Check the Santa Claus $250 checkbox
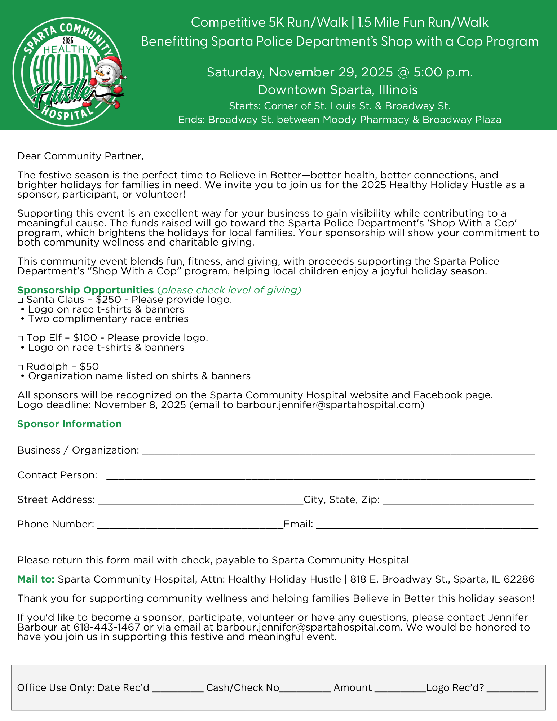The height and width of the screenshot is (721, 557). pyautogui.click(x=20, y=300)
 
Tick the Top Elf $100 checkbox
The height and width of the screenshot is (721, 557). pyautogui.click(x=20, y=339)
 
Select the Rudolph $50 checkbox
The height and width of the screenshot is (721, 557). pyautogui.click(x=20, y=367)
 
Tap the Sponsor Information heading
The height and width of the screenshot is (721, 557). pyautogui.click(x=69, y=424)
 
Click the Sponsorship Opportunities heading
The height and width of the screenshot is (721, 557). pyautogui.click(x=85, y=290)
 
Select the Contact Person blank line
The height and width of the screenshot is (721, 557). pyautogui.click(x=321, y=476)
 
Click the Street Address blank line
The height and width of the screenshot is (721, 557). pyautogui.click(x=200, y=501)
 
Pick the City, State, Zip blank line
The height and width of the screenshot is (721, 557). pyautogui.click(x=458, y=501)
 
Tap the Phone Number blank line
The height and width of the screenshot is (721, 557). pyautogui.click(x=190, y=525)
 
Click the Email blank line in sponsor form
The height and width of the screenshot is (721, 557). pyautogui.click(x=427, y=525)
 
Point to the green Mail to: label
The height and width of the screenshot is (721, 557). pyautogui.click(x=36, y=579)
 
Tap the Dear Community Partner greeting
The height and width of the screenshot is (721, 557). pyautogui.click(x=80, y=156)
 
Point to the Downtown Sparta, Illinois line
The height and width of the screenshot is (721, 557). pyautogui.click(x=338, y=90)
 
